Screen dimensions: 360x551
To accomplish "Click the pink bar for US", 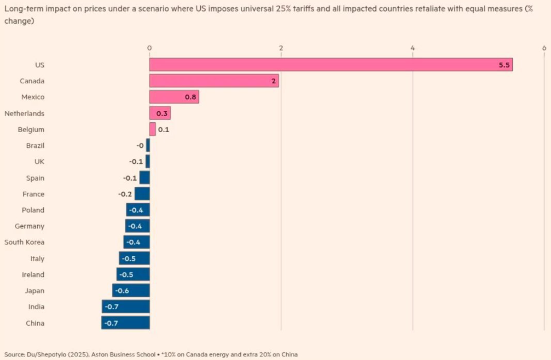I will pyautogui.click(x=331, y=65).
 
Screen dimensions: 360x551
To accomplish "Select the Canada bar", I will pyautogui.click(x=214, y=81).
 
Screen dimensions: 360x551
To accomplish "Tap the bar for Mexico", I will pyautogui.click(x=174, y=97).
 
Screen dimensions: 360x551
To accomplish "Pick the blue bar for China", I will pyautogui.click(x=126, y=323).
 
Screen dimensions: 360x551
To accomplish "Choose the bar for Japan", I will pyautogui.click(x=131, y=291).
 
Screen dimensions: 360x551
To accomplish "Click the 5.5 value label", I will pyautogui.click(x=504, y=65).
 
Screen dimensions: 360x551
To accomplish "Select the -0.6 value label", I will pyautogui.click(x=122, y=291).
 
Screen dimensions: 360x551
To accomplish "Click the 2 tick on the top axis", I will pyautogui.click(x=281, y=48).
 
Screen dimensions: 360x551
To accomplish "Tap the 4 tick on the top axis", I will pyautogui.click(x=413, y=48).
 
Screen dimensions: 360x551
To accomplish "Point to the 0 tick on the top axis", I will pyautogui.click(x=149, y=48).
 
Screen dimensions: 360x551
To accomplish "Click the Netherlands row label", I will pyautogui.click(x=24, y=113).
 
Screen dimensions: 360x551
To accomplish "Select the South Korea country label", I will pyautogui.click(x=24, y=242).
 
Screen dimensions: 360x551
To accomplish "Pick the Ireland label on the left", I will pyautogui.click(x=33, y=274).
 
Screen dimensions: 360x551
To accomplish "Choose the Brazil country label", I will pyautogui.click(x=35, y=146).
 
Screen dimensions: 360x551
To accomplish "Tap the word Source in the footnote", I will pyautogui.click(x=14, y=354).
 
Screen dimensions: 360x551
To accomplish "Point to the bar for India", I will pyautogui.click(x=126, y=307).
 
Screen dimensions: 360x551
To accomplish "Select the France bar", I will pyautogui.click(x=142, y=194).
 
